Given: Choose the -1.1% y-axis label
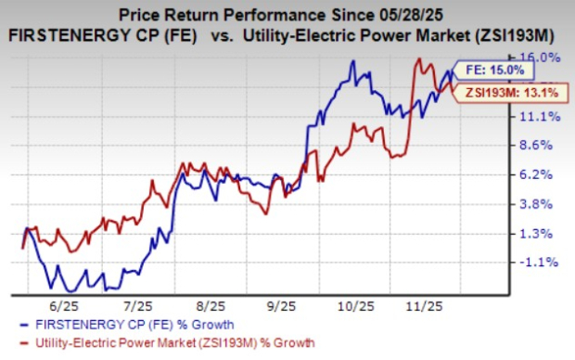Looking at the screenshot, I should coord(541,263).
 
